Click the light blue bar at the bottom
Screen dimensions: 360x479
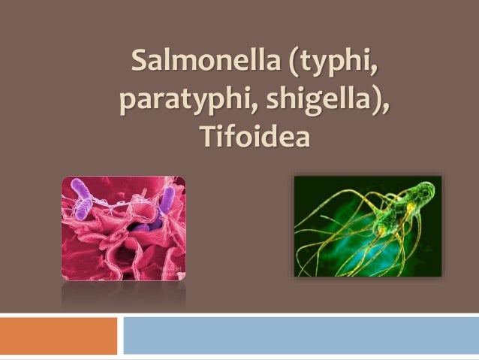coord(300,335)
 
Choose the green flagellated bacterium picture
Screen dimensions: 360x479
coord(367,226)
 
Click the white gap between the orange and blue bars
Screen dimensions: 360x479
coord(120,335)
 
